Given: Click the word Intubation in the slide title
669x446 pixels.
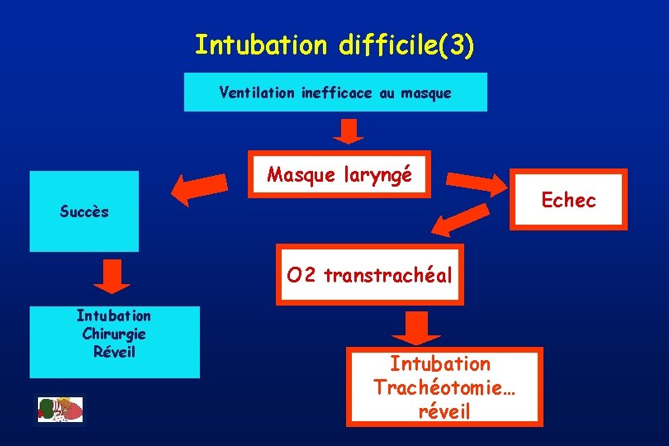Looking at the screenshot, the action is [x=261, y=45].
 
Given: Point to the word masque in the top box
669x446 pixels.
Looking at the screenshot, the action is [x=426, y=93].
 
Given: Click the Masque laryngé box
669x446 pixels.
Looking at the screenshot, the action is [x=339, y=175].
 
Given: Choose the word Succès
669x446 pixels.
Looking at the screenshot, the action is [x=84, y=211].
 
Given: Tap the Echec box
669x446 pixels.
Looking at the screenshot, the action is [x=568, y=200].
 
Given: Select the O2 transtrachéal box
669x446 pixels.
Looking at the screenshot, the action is [x=370, y=275].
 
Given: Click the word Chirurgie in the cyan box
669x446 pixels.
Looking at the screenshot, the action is [x=114, y=334].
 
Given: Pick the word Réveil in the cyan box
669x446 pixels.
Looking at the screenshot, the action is [x=114, y=352].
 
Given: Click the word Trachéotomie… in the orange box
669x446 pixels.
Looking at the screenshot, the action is [x=444, y=387].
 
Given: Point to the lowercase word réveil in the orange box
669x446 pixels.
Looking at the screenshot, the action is [x=444, y=410].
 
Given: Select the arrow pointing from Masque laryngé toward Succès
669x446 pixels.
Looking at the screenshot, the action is [x=201, y=188].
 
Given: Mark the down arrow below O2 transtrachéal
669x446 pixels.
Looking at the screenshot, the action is [x=416, y=329].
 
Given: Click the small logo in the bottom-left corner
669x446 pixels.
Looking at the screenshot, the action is [x=60, y=410].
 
